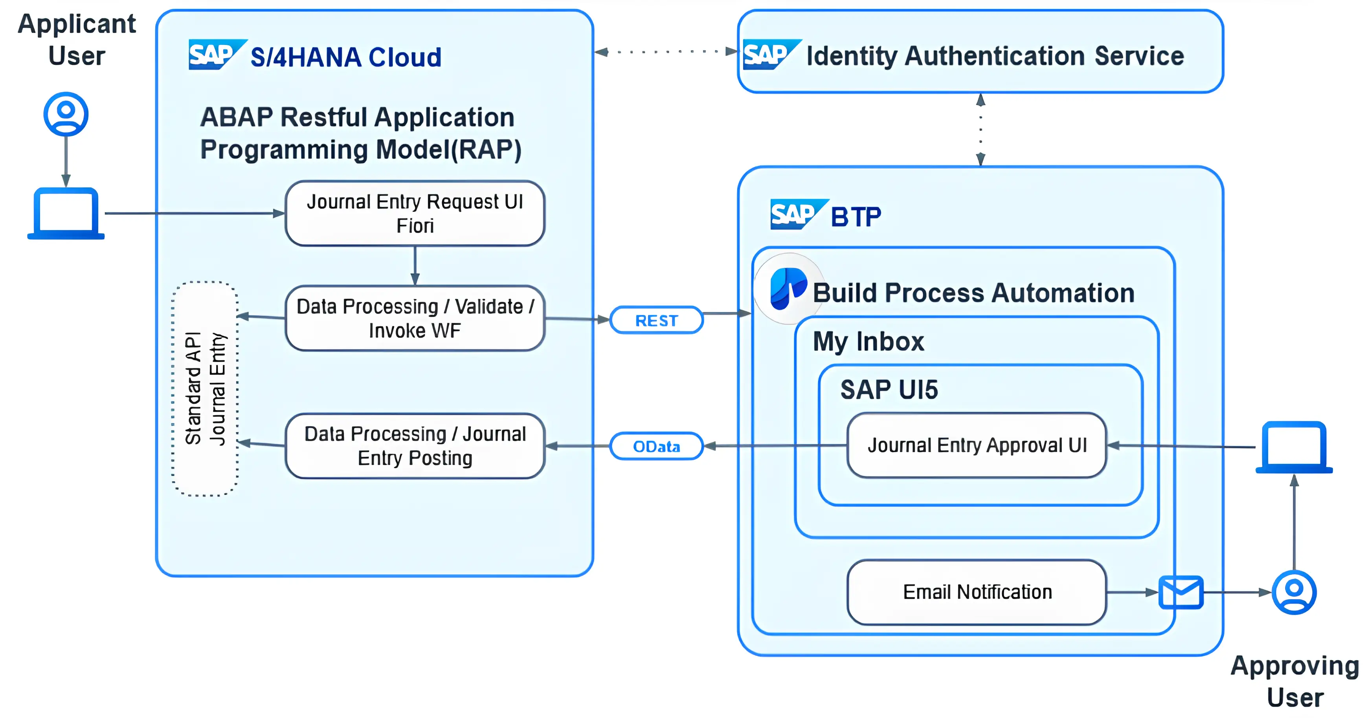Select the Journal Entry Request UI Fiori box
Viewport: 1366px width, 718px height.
[415, 214]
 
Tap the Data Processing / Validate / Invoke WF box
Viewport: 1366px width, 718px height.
[415, 319]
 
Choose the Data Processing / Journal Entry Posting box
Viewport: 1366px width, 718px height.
[415, 446]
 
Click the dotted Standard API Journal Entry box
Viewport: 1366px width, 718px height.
[205, 388]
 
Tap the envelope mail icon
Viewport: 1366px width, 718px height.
[1181, 592]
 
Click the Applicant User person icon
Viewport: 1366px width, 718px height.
[66, 114]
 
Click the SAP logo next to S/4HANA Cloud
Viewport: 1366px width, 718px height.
[215, 54]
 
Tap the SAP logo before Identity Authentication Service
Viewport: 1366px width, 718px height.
[769, 54]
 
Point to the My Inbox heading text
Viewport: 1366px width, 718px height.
[868, 341]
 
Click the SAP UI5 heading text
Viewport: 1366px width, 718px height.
[889, 390]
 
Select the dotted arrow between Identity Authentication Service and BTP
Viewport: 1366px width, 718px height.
[980, 130]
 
